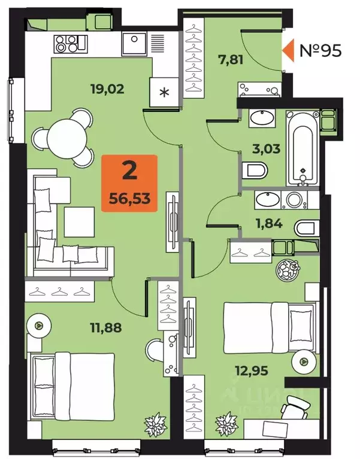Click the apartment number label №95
(320, 50)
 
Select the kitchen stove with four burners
(66, 42)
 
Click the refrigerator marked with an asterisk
(165, 93)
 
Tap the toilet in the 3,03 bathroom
(255, 171)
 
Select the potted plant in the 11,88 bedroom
(153, 424)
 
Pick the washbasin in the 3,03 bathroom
(261, 117)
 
